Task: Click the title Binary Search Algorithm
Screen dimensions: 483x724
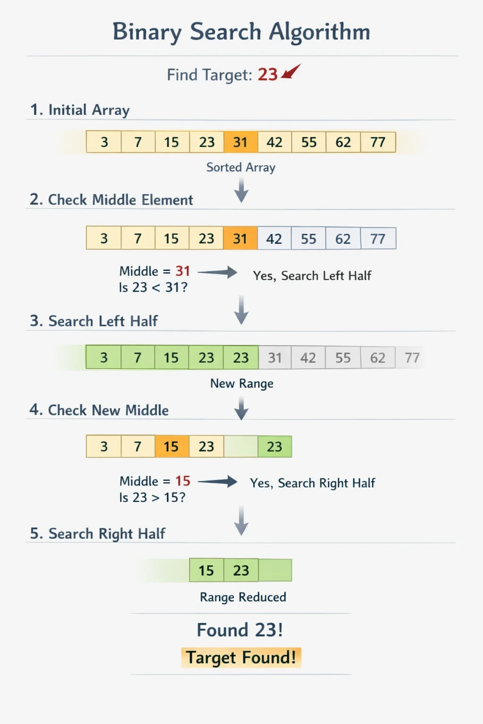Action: (241, 33)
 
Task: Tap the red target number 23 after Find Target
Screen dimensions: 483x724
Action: (267, 74)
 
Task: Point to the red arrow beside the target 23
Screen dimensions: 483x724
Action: (291, 71)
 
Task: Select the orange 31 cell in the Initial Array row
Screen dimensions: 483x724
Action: (241, 142)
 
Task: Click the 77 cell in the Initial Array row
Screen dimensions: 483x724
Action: (378, 142)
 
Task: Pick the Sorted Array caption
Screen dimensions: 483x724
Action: (241, 167)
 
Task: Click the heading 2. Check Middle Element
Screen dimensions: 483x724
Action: (111, 200)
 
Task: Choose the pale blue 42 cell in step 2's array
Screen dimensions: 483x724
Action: (275, 239)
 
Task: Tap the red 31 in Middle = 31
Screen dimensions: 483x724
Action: (183, 271)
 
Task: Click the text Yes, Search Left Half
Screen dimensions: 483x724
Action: (312, 276)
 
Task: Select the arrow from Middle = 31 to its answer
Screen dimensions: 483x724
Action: (217, 272)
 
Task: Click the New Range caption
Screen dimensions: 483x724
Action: (241, 384)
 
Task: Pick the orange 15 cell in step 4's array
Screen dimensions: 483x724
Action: (172, 446)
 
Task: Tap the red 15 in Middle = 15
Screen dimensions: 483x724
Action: (183, 481)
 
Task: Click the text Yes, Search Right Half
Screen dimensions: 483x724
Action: (313, 483)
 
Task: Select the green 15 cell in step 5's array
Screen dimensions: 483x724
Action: (207, 570)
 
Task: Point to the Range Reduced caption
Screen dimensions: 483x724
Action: (243, 597)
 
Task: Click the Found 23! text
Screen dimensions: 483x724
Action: (240, 630)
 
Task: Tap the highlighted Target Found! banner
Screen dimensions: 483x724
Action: (241, 658)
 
